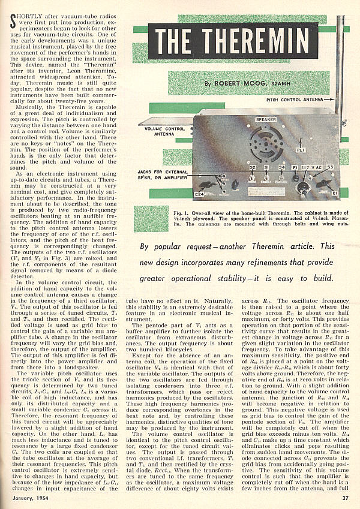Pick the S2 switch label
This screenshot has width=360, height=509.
click(x=251, y=167)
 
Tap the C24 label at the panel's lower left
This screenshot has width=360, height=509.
click(x=200, y=194)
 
